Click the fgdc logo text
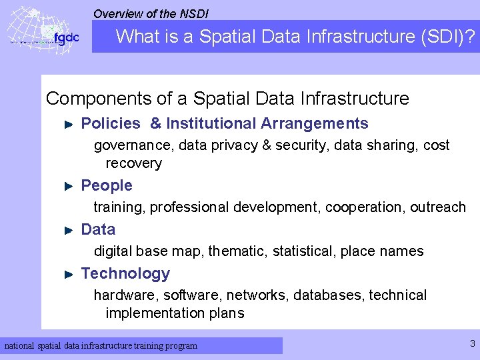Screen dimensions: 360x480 66,38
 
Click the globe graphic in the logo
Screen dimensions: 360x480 30,30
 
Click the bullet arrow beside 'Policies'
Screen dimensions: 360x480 68,124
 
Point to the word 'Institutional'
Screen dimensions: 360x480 211,123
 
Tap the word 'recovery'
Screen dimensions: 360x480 133,163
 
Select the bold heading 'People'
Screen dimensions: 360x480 107,185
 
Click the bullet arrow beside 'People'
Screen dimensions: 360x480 68,186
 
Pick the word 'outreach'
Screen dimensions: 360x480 438,207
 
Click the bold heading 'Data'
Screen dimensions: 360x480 98,229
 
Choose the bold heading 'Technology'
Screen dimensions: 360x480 125,273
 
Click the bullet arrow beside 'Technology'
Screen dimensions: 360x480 68,274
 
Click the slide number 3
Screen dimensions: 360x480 472,344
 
